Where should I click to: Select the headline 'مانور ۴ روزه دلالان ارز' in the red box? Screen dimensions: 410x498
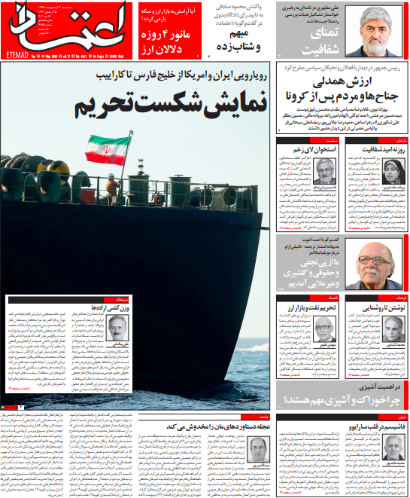click(166, 35)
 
